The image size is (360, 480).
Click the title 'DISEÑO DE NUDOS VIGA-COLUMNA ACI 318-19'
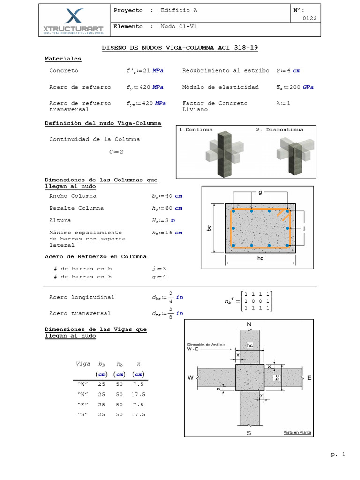click(x=180, y=48)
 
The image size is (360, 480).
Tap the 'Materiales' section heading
click(x=63, y=59)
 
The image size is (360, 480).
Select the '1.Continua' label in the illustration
click(x=196, y=130)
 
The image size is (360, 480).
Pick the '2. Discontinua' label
click(x=280, y=130)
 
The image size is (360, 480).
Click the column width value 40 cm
click(x=164, y=196)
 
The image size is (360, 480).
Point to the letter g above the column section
click(x=260, y=192)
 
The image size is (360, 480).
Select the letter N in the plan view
click(x=248, y=324)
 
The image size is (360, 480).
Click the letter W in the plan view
click(x=191, y=377)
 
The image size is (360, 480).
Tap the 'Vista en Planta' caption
click(x=297, y=433)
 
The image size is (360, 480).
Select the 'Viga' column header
click(x=82, y=364)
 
